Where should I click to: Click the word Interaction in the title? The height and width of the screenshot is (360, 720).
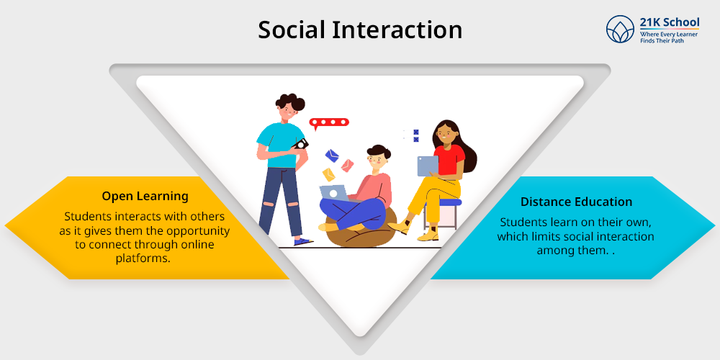click(397, 30)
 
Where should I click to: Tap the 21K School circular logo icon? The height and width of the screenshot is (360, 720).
click(620, 29)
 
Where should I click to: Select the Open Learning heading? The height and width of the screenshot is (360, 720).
click(145, 197)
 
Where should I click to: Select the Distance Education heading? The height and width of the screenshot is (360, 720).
click(576, 202)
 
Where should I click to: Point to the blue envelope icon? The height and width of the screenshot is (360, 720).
click(331, 156)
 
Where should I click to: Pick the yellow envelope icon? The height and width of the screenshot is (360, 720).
click(329, 174)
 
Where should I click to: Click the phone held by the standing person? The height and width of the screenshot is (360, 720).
click(301, 144)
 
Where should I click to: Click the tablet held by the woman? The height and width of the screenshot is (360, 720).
click(428, 166)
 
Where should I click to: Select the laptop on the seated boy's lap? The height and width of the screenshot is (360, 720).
click(334, 193)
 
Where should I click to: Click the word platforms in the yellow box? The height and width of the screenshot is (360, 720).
click(143, 258)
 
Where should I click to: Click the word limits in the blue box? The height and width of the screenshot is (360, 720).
click(541, 236)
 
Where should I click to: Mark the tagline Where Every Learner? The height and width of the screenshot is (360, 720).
click(669, 35)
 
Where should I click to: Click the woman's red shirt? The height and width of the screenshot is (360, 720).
click(449, 160)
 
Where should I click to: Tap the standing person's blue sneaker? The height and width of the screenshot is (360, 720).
click(304, 241)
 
